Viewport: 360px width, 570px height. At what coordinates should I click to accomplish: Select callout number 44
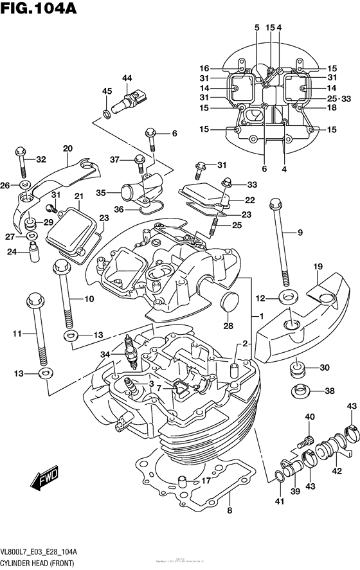(127, 78)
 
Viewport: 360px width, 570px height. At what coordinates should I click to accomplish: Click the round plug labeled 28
(228, 301)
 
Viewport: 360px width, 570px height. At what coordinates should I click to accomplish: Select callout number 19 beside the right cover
(318, 267)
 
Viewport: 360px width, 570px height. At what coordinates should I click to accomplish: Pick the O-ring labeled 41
(278, 476)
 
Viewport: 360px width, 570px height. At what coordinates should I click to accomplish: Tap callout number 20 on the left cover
(67, 148)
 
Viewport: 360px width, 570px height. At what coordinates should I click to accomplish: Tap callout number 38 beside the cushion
(329, 391)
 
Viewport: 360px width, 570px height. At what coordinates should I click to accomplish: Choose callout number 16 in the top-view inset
(204, 69)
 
